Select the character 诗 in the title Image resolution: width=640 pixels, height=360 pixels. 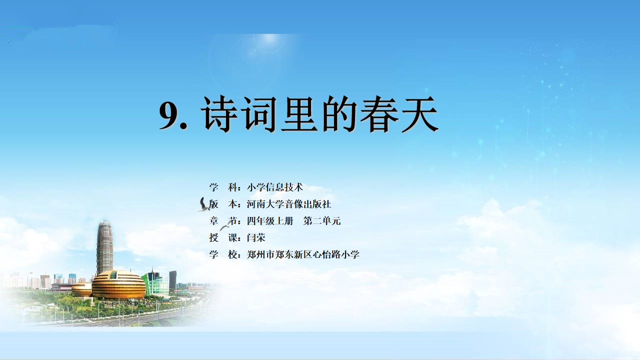pyautogui.click(x=219, y=114)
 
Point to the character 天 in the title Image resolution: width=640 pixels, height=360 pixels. pyautogui.click(x=419, y=114)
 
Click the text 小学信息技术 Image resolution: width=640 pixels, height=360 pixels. pyautogui.click(x=275, y=187)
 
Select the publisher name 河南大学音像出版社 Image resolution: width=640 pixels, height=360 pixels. pyautogui.click(x=289, y=204)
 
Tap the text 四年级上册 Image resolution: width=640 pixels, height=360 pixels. pyautogui.click(x=270, y=221)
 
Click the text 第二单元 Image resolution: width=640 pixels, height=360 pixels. pyautogui.click(x=322, y=221)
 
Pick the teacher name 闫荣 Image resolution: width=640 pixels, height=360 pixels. pyautogui.click(x=256, y=237)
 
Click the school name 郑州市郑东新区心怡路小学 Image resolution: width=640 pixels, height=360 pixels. pyautogui.click(x=303, y=254)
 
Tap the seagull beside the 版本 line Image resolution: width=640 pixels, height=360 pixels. pyautogui.click(x=203, y=204)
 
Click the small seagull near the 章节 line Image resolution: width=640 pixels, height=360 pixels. pyautogui.click(x=225, y=226)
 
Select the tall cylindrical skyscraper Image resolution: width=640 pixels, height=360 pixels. pyautogui.click(x=105, y=246)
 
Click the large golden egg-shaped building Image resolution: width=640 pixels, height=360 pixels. pyautogui.click(x=118, y=284)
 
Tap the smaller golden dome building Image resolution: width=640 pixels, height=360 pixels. pyautogui.click(x=81, y=289)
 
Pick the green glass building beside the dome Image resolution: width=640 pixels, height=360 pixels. pyautogui.click(x=155, y=283)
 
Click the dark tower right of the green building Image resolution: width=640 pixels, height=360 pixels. pyautogui.click(x=173, y=279)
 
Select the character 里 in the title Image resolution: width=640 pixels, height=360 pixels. pyautogui.click(x=299, y=114)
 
